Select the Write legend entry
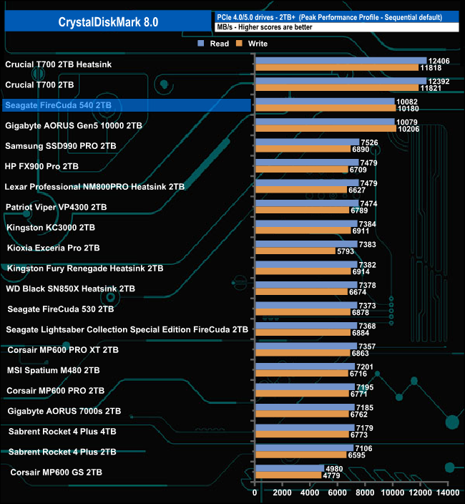pyautogui.click(x=255, y=44)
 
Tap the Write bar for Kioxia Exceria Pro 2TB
pyautogui.click(x=295, y=252)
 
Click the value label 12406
pyautogui.click(x=438, y=61)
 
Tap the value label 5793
pyautogui.click(x=348, y=252)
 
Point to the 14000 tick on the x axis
pyautogui.click(x=448, y=493)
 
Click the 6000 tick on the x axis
pyautogui.click(x=338, y=493)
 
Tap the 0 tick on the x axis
pyautogui.click(x=255, y=493)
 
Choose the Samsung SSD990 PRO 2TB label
pyautogui.click(x=60, y=146)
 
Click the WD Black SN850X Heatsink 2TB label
pyautogui.click(x=69, y=289)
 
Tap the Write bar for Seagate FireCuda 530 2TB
pyautogui.click(x=303, y=313)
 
